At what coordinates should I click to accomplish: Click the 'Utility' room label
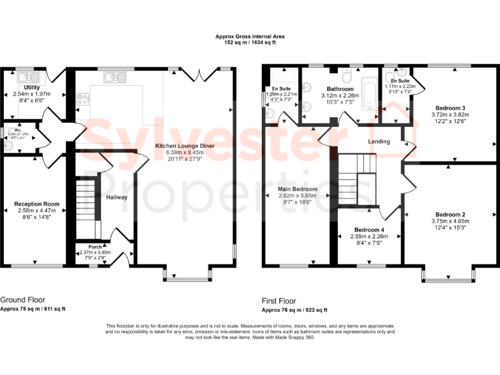pyautogui.click(x=31, y=87)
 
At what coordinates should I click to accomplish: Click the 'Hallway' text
pyautogui.click(x=117, y=197)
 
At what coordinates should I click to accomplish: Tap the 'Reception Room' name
pyautogui.click(x=36, y=204)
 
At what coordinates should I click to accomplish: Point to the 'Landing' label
pyautogui.click(x=379, y=141)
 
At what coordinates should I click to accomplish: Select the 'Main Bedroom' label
pyautogui.click(x=298, y=189)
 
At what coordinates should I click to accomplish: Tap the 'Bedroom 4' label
pyautogui.click(x=369, y=230)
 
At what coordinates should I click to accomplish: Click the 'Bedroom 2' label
pyautogui.click(x=451, y=214)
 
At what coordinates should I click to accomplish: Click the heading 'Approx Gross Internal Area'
pyautogui.click(x=249, y=36)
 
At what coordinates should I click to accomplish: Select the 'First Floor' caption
pyautogui.click(x=279, y=301)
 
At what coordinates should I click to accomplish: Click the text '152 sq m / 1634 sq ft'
pyautogui.click(x=249, y=43)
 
